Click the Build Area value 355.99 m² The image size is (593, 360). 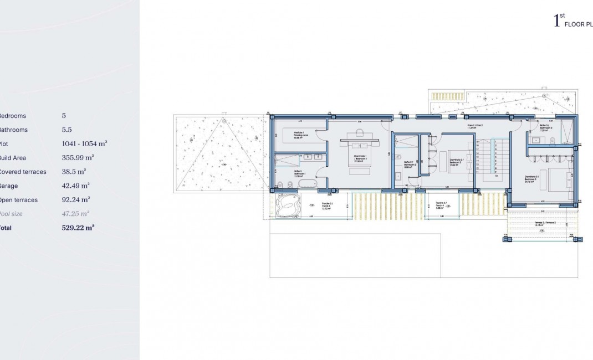point(78,158)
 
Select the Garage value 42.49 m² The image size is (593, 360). point(76,186)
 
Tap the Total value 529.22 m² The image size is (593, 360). point(78,228)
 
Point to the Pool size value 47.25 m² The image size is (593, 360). point(76,214)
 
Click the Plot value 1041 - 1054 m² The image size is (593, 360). point(84,143)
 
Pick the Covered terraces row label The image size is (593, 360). point(22,172)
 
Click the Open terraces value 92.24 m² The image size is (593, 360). point(76,200)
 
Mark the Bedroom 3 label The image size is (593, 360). point(532,179)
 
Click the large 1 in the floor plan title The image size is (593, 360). point(556,22)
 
